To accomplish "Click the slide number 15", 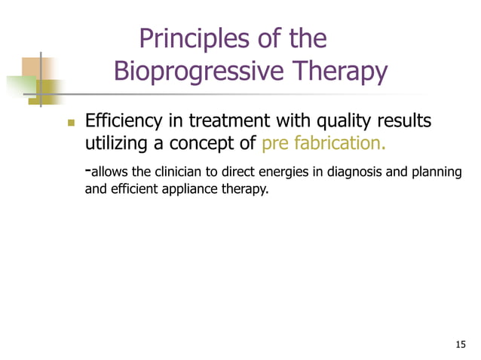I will [461, 344].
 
